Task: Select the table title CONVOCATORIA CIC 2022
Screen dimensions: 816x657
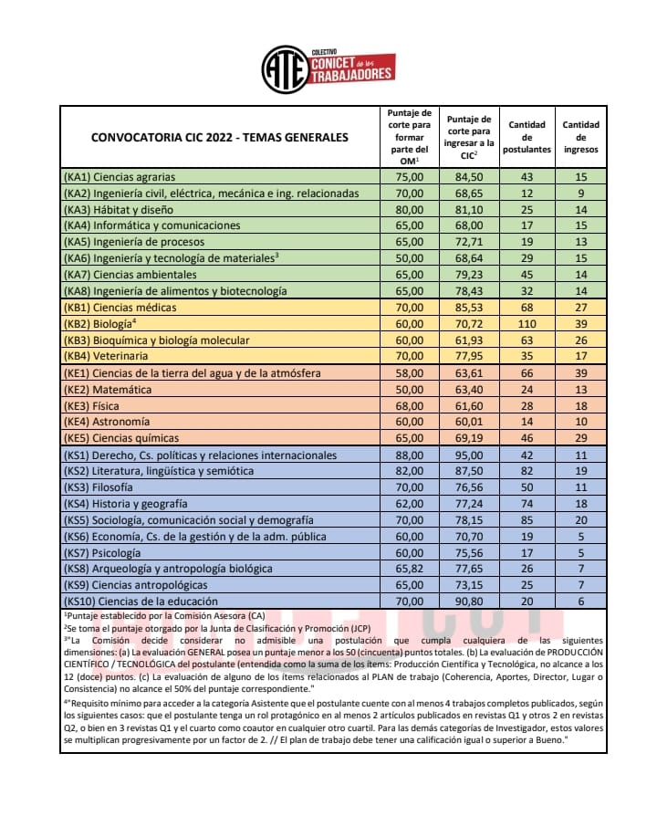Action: point(219,138)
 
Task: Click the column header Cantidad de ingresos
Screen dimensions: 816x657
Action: point(581,137)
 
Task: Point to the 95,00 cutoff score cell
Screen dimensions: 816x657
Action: point(469,455)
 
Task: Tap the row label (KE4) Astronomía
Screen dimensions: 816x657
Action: point(107,422)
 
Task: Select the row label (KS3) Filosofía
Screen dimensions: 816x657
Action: point(104,487)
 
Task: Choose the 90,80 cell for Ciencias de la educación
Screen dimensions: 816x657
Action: point(469,601)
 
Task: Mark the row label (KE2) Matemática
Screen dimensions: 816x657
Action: point(108,389)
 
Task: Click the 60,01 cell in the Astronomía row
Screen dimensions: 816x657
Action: point(469,422)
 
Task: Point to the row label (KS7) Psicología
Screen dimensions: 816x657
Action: point(107,552)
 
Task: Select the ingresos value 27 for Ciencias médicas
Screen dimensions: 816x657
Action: point(581,308)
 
